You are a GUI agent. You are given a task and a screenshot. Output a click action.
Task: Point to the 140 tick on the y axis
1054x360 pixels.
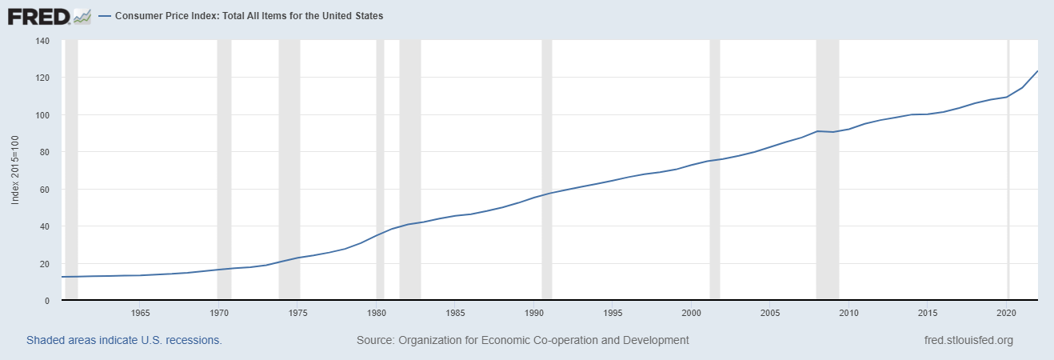click(42, 41)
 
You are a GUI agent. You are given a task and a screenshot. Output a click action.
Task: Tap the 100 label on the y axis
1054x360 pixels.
click(42, 115)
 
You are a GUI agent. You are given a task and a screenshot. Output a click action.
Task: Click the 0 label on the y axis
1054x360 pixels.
click(47, 301)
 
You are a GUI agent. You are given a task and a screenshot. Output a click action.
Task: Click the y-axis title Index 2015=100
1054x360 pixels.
click(15, 170)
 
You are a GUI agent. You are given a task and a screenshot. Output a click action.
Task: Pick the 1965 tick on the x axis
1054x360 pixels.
click(140, 312)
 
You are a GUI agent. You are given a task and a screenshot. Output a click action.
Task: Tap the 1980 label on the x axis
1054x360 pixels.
click(377, 312)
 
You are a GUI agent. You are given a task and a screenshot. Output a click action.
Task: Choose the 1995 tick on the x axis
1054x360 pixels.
click(613, 312)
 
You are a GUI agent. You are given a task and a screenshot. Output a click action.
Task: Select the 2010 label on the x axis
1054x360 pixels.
click(849, 312)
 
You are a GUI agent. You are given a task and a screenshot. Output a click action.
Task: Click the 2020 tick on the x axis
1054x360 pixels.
click(1007, 312)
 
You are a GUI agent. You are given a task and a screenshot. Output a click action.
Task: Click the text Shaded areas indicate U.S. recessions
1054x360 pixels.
click(124, 340)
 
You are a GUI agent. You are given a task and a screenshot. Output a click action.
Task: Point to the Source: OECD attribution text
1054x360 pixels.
click(522, 340)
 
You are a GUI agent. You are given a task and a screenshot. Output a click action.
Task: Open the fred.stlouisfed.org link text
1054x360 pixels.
click(968, 340)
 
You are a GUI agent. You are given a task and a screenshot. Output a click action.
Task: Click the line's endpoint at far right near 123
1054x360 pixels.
click(1037, 71)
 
